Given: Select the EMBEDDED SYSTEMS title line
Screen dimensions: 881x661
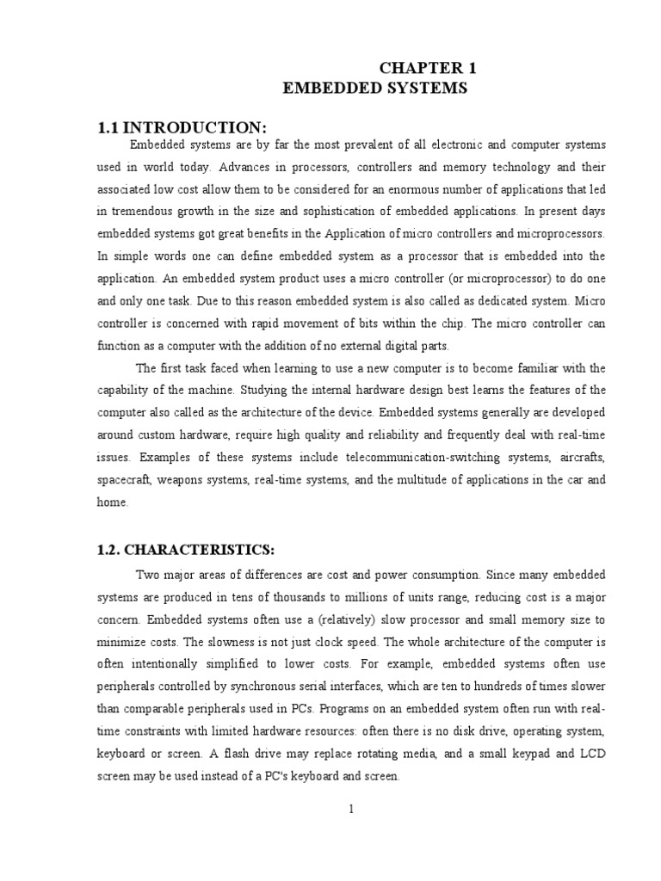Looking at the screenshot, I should pos(375,89).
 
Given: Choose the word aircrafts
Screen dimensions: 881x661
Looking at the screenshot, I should pos(582,457).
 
